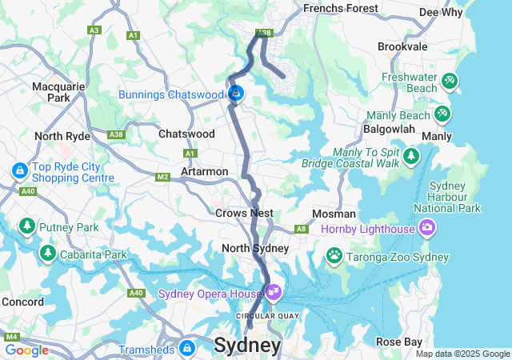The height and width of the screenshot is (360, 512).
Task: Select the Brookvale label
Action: point(402,47)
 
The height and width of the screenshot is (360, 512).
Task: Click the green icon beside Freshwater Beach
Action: point(449,80)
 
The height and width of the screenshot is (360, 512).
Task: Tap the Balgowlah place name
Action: point(388,129)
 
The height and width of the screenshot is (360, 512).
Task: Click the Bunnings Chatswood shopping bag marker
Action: point(235,94)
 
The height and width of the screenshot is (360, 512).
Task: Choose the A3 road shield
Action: point(94,30)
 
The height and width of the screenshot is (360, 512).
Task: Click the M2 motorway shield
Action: point(163,177)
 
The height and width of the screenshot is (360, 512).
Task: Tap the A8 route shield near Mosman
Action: point(301,229)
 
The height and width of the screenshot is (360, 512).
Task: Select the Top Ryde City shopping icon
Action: point(19,170)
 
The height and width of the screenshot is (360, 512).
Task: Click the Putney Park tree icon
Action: point(26,227)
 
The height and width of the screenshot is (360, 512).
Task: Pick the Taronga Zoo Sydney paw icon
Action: point(334,256)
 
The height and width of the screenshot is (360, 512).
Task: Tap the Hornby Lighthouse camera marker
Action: point(427,229)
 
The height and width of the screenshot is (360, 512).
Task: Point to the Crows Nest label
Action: point(244,213)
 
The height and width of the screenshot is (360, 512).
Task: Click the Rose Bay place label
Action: point(399,342)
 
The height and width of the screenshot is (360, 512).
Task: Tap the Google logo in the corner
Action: point(26,350)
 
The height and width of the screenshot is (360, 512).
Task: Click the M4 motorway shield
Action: point(12,337)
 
